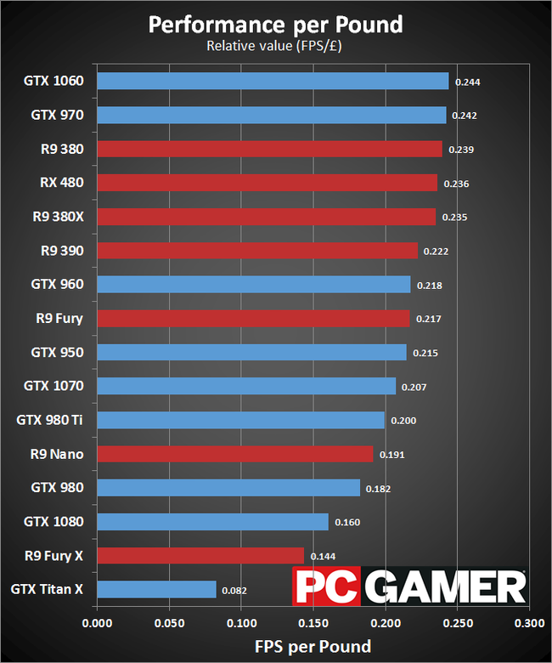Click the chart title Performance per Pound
pos(276,24)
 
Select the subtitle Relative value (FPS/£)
pos(276,46)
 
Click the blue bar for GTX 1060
pos(273,81)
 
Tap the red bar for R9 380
pos(269,149)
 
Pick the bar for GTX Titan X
pos(156,589)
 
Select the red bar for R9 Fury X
pos(200,555)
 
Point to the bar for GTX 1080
pos(212,521)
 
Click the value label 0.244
pos(468,82)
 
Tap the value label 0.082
pos(234,590)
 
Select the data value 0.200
pos(403,421)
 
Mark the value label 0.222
pos(435,252)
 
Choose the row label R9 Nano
pos(56,454)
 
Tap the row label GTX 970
pos(57,114)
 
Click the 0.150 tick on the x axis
pos(313,623)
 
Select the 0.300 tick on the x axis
pos(529,623)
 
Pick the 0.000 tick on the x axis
pos(98,623)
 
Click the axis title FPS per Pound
pos(313,646)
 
